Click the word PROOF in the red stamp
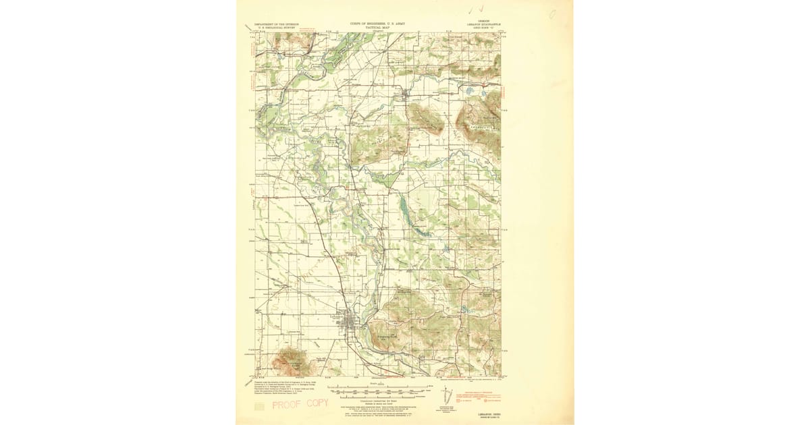tap(286, 405)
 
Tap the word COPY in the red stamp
tap(315, 403)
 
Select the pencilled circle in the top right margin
tap(551, 13)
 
